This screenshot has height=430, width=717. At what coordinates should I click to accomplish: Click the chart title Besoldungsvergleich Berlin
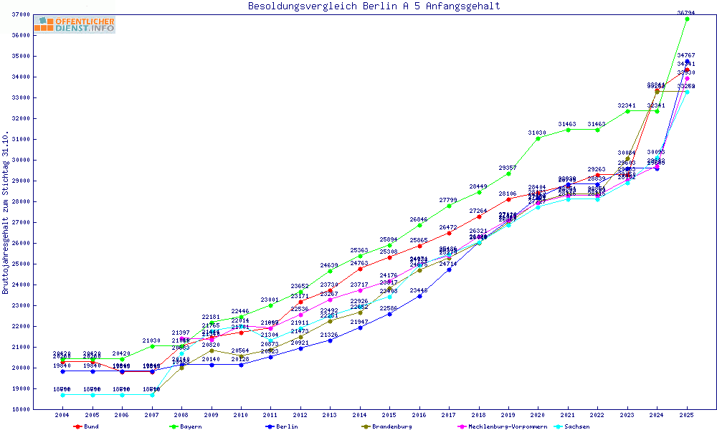(x=374, y=6)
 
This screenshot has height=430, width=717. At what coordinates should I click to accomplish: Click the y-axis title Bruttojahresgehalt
(x=6, y=213)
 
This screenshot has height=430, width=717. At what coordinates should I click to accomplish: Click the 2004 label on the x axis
(x=62, y=415)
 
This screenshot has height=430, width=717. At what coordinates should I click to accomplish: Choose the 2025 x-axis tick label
(x=687, y=415)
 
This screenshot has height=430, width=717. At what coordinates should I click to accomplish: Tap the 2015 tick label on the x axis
(x=390, y=415)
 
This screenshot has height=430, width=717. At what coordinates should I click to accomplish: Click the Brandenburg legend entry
(x=387, y=426)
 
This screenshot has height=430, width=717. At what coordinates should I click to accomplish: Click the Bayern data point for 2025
(x=687, y=19)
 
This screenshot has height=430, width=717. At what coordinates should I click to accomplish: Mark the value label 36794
(x=687, y=12)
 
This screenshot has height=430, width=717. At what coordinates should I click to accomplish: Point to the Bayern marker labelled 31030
(x=538, y=138)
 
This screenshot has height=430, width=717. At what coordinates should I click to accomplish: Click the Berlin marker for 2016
(x=420, y=296)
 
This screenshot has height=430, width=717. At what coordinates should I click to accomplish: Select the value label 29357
(x=508, y=168)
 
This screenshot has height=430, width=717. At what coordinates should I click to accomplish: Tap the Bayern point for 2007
(x=152, y=346)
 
